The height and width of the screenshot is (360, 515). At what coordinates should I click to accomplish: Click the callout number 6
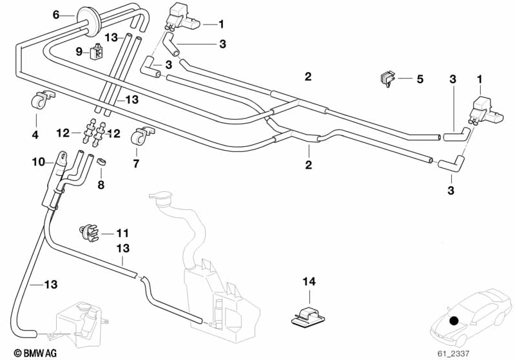(55, 14)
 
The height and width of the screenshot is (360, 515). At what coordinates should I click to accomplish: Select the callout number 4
(35, 135)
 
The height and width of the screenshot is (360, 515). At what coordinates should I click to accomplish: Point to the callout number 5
(420, 79)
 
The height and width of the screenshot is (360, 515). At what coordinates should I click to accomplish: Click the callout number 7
(136, 164)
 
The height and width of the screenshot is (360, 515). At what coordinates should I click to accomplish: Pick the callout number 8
(101, 185)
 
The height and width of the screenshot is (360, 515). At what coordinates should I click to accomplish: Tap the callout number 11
(123, 232)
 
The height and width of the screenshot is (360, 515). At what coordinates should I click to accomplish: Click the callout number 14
(309, 281)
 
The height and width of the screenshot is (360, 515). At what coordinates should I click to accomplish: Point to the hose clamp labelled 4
(40, 100)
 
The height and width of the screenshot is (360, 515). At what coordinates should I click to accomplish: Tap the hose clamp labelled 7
(141, 136)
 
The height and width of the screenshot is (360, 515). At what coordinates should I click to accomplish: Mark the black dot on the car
(455, 320)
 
